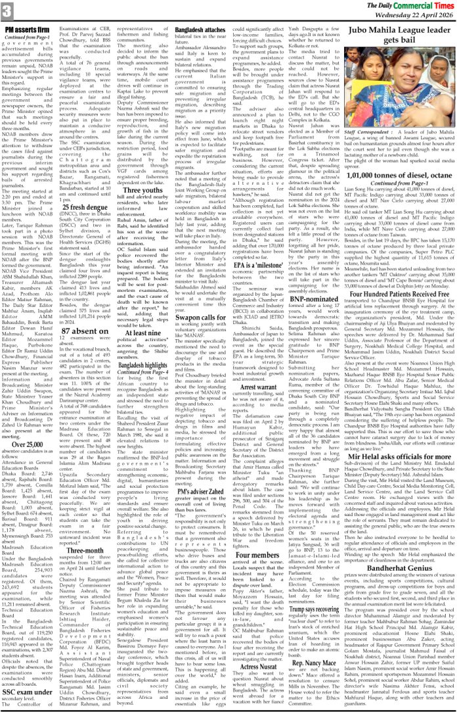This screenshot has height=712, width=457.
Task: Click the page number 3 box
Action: (x=7, y=11)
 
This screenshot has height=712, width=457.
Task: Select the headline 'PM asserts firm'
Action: (x=30, y=30)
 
